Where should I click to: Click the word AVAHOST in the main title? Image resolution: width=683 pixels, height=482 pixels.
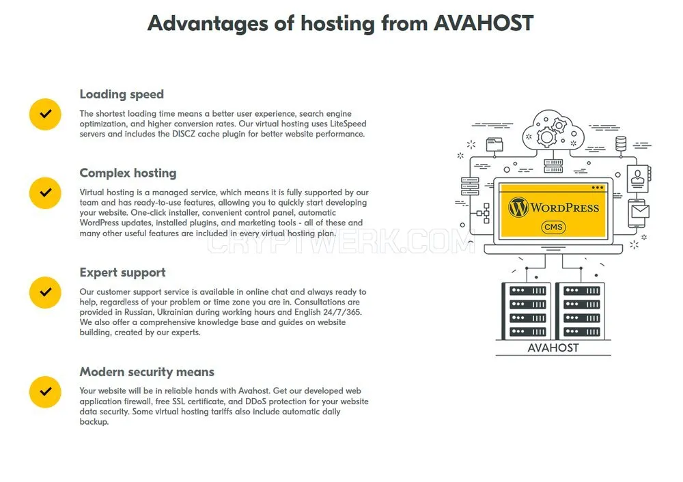pos(483,23)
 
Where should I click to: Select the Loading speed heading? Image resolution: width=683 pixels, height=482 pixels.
pos(122,94)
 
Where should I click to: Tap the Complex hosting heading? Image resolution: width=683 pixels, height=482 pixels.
pos(128,173)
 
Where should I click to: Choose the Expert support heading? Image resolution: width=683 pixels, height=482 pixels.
pos(122,273)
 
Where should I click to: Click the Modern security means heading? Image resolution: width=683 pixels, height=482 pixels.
pos(147,372)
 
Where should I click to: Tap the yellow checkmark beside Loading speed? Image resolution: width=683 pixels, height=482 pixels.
pos(45,114)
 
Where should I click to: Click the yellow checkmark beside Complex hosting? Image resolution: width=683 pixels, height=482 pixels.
pos(45,193)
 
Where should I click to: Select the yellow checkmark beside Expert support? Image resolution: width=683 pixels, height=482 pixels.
pos(45,292)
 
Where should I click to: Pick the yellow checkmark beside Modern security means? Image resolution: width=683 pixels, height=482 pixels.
pos(45,392)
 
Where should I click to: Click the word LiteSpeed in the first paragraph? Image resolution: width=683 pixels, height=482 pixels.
pos(348,124)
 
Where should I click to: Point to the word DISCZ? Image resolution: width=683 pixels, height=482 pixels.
pos(183,134)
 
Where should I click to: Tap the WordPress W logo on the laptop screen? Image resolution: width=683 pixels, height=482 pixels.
pos(518,208)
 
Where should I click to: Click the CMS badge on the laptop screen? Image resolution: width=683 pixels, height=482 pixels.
pos(553,227)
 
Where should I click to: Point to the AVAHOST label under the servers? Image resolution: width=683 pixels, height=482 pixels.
pos(553,348)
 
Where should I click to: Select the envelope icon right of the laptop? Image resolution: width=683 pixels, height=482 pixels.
pos(641,212)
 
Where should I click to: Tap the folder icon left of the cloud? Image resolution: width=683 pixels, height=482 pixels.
pos(494,144)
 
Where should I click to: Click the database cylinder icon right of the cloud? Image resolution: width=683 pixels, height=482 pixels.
pos(621,143)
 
